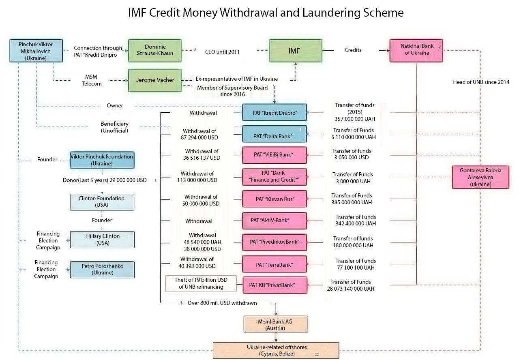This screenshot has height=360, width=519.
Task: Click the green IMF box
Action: pyautogui.click(x=296, y=51)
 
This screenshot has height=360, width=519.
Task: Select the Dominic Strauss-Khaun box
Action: pyautogui.click(x=155, y=51)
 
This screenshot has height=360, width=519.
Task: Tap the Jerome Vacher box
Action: pyautogui.click(x=155, y=80)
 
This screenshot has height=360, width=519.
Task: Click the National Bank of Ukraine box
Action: pyautogui.click(x=416, y=51)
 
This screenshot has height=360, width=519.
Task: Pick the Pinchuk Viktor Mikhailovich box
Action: pyautogui.click(x=36, y=51)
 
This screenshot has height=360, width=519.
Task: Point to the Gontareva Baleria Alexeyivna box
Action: pyautogui.click(x=480, y=177)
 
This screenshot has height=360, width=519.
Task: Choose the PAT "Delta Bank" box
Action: pyautogui.click(x=275, y=134)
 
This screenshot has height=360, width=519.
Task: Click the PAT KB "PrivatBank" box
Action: pyautogui.click(x=275, y=285)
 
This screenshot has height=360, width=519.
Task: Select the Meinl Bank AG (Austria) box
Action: pyautogui.click(x=276, y=324)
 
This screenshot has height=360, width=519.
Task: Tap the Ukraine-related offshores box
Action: pyautogui.click(x=276, y=351)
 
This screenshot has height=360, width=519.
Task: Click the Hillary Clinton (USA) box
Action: pyautogui.click(x=102, y=240)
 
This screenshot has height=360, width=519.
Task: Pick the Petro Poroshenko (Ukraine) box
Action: pyautogui.click(x=102, y=270)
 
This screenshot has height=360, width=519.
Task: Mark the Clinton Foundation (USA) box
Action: pyautogui.click(x=102, y=202)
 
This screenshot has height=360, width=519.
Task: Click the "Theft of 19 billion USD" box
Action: pyautogui.click(x=201, y=283)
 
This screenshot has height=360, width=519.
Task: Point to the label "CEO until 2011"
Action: pyautogui.click(x=223, y=52)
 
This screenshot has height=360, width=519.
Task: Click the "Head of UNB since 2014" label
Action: pyautogui.click(x=481, y=82)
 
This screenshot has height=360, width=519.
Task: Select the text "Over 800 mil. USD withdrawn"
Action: pyautogui.click(x=222, y=303)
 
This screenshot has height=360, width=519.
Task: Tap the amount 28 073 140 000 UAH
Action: pyautogui.click(x=351, y=289)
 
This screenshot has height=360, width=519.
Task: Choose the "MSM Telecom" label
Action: pyautogui.click(x=92, y=80)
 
